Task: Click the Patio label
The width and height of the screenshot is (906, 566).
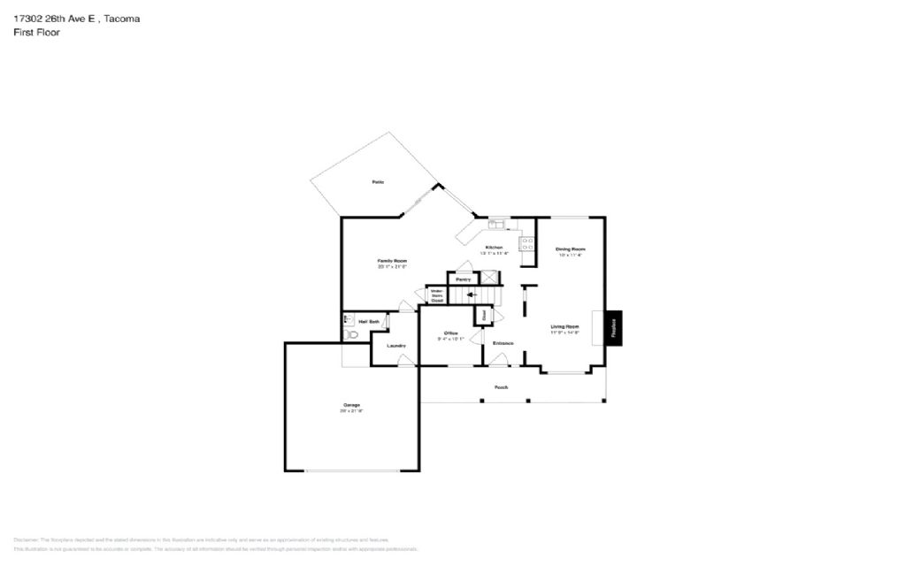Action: coord(378,182)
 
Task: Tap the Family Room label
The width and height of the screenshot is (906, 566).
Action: coord(392,261)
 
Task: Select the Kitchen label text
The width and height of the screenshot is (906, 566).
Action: coord(494,248)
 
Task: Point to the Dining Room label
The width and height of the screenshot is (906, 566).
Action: coord(571,249)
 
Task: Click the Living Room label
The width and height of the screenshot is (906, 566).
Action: coord(564,327)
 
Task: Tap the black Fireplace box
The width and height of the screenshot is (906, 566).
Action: coord(614,327)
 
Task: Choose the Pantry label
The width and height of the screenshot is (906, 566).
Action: coord(464,279)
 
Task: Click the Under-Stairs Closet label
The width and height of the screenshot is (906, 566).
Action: coord(437,295)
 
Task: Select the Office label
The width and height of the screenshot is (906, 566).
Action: coord(449,333)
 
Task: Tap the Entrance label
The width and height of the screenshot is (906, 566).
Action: coord(503,343)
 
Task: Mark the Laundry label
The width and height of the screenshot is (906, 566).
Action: coord(395,345)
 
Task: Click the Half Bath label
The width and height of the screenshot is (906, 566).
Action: coord(369,321)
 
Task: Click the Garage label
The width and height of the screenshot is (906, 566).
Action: coord(351,406)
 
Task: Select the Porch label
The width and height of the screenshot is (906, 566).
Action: coord(501,387)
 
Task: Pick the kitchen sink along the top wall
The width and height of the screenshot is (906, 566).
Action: coord(495,225)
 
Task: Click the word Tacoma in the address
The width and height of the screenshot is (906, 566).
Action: coord(121,18)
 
